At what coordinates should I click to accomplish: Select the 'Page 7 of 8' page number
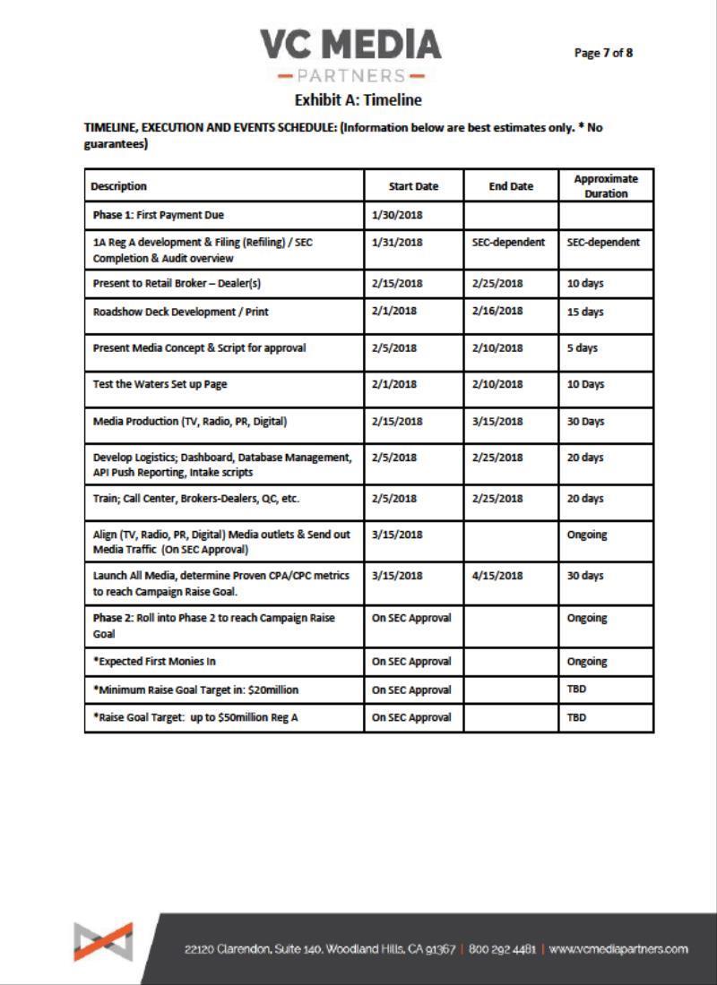[x=603, y=52]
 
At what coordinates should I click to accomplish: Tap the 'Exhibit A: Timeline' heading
[x=358, y=99]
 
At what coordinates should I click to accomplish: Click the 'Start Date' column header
[x=413, y=186]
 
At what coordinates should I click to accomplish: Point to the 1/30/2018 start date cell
[x=396, y=215]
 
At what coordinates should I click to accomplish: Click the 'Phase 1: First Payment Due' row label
[x=158, y=215]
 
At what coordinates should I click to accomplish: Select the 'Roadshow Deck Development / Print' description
[x=180, y=311]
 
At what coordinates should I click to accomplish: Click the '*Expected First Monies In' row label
[x=155, y=662]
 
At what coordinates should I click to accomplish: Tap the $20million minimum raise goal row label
[x=195, y=689]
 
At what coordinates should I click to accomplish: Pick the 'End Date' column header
[x=511, y=186]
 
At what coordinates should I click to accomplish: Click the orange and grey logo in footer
[x=104, y=943]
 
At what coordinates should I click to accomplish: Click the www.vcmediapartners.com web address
[x=618, y=948]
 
